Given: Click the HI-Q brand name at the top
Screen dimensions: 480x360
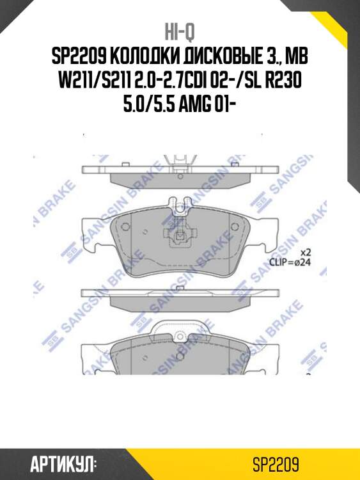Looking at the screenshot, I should point(180,31).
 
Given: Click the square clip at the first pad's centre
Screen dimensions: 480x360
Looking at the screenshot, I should point(180,236).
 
